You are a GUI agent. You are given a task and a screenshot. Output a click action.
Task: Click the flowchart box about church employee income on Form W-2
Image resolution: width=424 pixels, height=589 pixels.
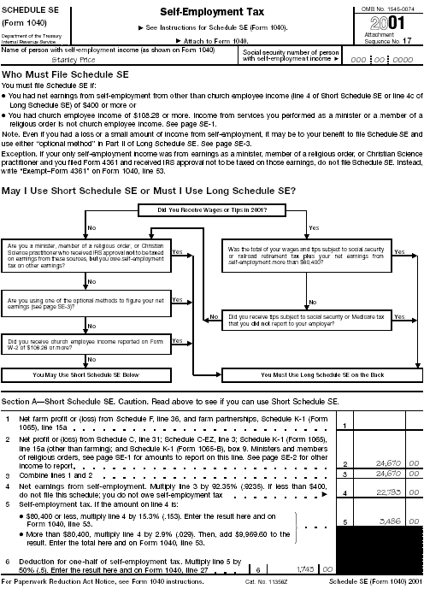tap(85, 344)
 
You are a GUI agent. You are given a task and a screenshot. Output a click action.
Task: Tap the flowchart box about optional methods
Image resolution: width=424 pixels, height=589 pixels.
tap(85, 303)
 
